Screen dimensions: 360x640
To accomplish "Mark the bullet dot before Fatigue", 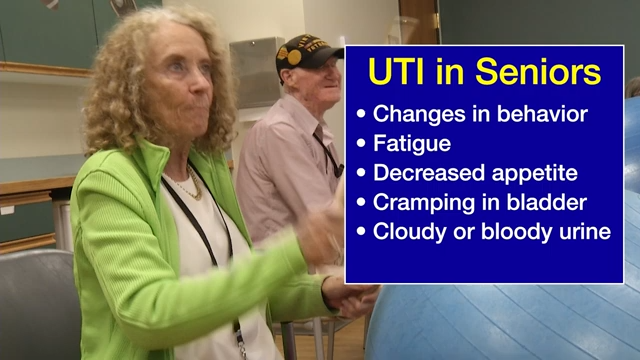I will point(361,144).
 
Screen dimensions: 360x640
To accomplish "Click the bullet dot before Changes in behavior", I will point(361,114).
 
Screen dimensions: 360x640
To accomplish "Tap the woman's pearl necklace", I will point(184,186).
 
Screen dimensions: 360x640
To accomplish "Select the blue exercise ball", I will point(500,320).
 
